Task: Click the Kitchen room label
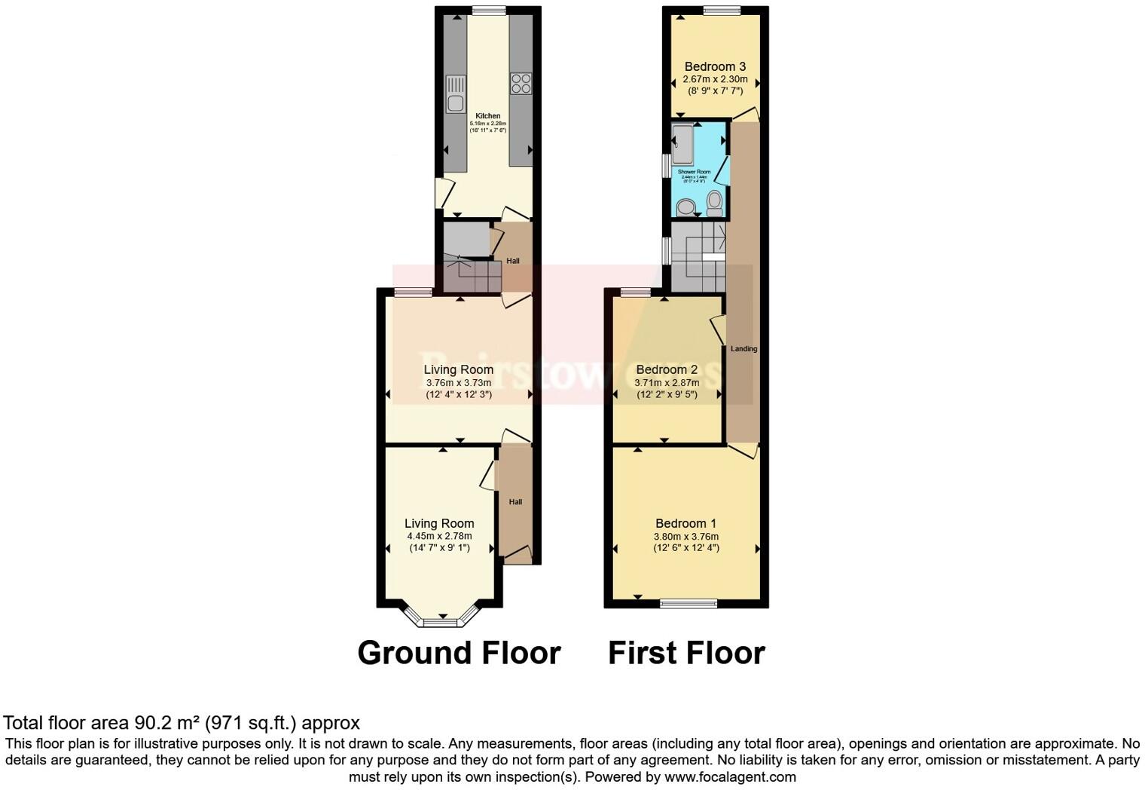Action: click(487, 116)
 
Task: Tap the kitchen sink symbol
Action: click(455, 94)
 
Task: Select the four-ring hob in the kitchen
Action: click(521, 83)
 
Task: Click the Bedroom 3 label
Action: click(715, 66)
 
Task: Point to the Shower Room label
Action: click(694, 172)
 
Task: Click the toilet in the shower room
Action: click(714, 202)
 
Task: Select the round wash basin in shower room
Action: click(685, 207)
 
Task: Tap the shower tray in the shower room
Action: click(682, 144)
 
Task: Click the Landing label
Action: click(743, 349)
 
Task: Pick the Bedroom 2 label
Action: click(667, 369)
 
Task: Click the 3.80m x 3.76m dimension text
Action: click(685, 537)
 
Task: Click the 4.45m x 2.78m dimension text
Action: click(439, 536)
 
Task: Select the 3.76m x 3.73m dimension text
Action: click(458, 382)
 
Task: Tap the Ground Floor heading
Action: click(459, 653)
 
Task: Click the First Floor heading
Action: click(686, 653)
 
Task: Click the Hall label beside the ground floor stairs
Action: click(513, 261)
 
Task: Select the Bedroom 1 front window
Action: click(688, 602)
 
